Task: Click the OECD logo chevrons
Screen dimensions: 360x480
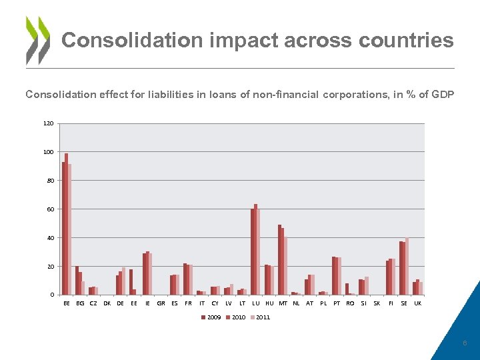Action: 38,40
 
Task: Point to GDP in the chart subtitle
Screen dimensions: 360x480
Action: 442,95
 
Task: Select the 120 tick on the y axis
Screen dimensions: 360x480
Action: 49,123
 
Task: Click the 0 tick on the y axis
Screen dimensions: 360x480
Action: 52,295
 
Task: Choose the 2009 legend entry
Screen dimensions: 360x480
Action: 212,317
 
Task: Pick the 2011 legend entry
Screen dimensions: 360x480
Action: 261,317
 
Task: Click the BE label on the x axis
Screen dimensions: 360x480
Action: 67,303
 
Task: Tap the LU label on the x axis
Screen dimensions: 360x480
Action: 255,303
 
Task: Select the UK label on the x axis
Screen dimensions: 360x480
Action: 417,303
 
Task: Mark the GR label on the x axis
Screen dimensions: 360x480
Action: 161,303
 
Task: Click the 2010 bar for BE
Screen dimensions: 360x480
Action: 67,224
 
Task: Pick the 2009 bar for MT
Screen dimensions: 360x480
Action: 279,260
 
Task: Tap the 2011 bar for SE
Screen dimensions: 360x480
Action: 407,266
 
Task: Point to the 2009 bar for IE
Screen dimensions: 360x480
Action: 144,274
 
